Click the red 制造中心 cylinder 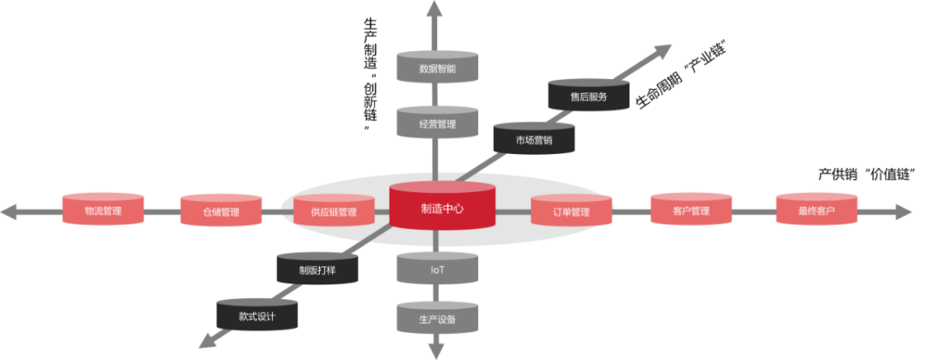pos(442,209)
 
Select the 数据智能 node pos(437,68)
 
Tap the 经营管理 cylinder pos(437,123)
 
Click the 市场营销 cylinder pos(534,139)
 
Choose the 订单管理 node pos(571,211)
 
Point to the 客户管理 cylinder pos(691,210)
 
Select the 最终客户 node pos(816,210)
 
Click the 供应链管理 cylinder pos(333,211)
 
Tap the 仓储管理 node pos(221,211)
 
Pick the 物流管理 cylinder pos(103,210)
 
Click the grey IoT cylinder pos(437,270)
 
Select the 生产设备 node pos(437,319)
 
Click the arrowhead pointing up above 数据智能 pos(435,9)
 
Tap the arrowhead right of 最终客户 pos(904,211)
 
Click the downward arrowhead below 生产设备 pos(435,351)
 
